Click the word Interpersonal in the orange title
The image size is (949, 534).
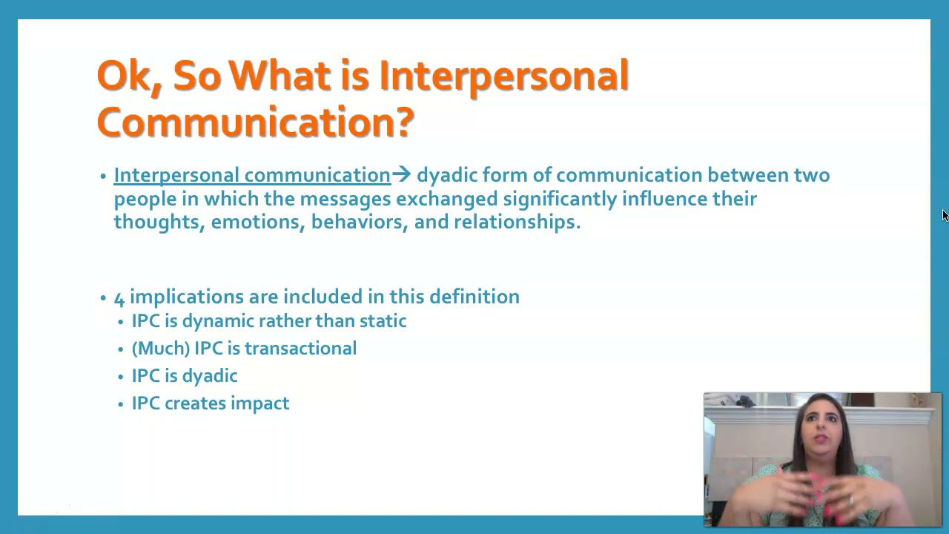[503, 76]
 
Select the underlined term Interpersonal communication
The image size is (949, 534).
[251, 176]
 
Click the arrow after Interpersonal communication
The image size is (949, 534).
[401, 175]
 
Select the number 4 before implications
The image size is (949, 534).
[119, 297]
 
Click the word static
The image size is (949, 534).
[383, 321]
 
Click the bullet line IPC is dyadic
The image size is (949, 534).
[185, 376]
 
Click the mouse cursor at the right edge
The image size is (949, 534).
[945, 215]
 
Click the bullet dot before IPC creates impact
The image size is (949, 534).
[121, 404]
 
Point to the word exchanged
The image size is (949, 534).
[446, 199]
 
